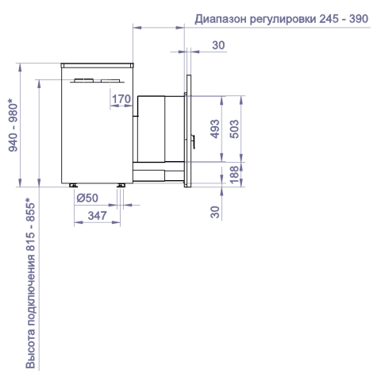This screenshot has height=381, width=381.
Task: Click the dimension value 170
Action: [121, 99]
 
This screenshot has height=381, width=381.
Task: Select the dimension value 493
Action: [215, 129]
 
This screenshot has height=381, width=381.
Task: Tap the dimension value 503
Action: [234, 129]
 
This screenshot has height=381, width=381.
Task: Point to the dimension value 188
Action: [234, 175]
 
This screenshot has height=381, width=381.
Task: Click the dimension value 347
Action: [97, 216]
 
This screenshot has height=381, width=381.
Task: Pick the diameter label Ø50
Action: [87, 198]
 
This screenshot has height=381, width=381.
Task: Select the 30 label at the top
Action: [218, 45]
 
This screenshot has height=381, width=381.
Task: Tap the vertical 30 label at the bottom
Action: [215, 212]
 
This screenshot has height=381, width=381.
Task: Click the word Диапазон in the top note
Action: [221, 19]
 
